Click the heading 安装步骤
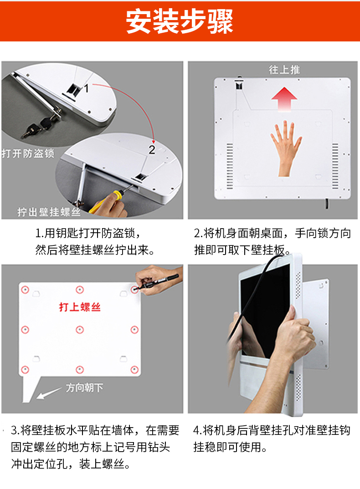point(180,21)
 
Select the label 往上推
point(284,70)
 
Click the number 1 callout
point(87,88)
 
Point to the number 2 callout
point(152,150)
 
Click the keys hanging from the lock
point(37,126)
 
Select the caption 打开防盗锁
point(28,153)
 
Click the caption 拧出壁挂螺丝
point(49,212)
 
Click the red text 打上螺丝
point(80,307)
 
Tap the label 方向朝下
point(84,387)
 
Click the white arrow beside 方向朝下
point(49,393)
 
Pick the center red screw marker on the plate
point(80,330)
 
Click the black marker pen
point(158,281)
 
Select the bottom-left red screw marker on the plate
point(25,370)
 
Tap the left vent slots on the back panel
point(230,166)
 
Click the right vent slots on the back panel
point(335,166)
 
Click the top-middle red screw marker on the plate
point(80,290)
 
